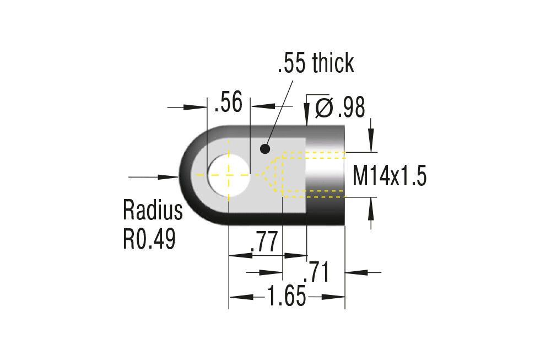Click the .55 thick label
coord(316,63)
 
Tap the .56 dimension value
coord(229,102)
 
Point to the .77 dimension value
coord(264,242)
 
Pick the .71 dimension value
coord(317,272)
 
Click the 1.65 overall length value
coord(287,296)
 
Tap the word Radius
coord(153,210)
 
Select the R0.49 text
coord(149,239)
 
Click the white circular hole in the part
coord(229,175)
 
